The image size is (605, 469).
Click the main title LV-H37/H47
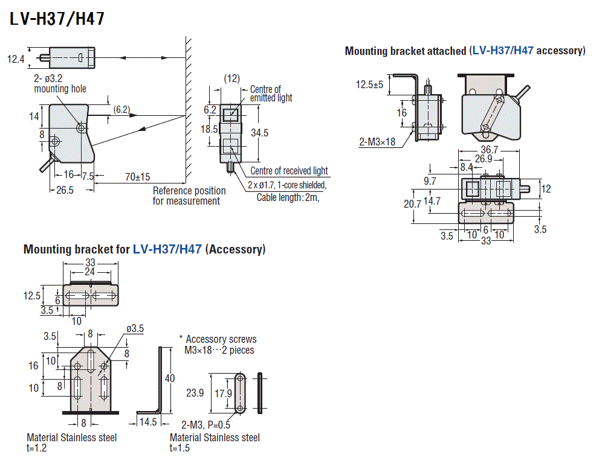(57, 19)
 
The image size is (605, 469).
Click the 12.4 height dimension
(16, 59)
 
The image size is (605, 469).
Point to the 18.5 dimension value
(210, 129)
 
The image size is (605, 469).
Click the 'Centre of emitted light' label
(271, 94)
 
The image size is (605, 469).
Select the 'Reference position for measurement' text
(189, 196)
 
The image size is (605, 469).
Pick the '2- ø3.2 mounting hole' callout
(60, 84)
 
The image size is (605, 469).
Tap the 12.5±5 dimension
(369, 85)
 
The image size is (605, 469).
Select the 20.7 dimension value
(412, 204)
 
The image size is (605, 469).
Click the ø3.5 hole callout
(135, 328)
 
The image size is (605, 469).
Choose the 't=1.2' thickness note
(37, 447)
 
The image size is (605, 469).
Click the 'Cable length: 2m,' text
(287, 197)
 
